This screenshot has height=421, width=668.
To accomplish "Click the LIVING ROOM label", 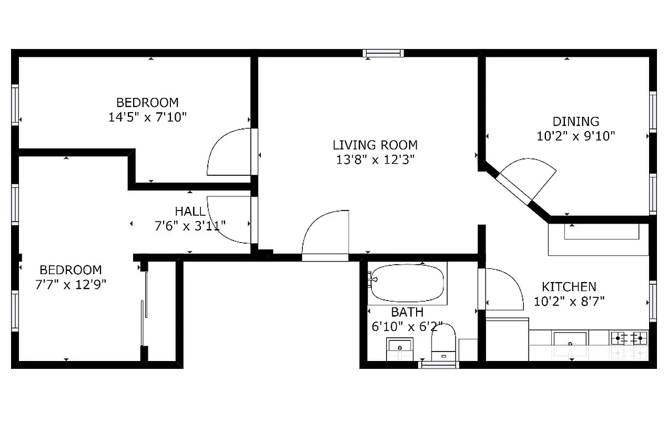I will tap(375, 145).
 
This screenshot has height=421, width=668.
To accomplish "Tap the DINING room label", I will tap(575, 122).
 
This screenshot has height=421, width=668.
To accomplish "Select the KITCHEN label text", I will tap(569, 287).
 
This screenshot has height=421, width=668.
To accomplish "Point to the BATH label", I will tap(407, 313).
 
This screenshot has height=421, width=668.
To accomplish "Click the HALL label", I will tap(190, 212).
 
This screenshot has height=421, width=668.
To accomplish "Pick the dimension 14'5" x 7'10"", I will tap(147, 117).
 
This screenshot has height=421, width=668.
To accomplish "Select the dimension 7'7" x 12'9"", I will tap(70, 285).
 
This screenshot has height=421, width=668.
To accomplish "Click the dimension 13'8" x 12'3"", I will tap(375, 159).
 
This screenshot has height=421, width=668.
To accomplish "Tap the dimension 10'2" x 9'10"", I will tap(575, 136).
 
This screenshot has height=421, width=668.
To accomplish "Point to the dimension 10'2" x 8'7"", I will tap(569, 302).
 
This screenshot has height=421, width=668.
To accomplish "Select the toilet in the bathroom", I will tap(443, 342).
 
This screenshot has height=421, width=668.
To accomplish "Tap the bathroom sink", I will tap(400, 348).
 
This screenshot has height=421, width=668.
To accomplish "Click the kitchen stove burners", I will tap(629, 337).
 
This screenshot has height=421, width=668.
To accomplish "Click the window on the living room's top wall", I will tap(383, 53).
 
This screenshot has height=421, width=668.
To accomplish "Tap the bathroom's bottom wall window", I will tap(438, 364).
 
